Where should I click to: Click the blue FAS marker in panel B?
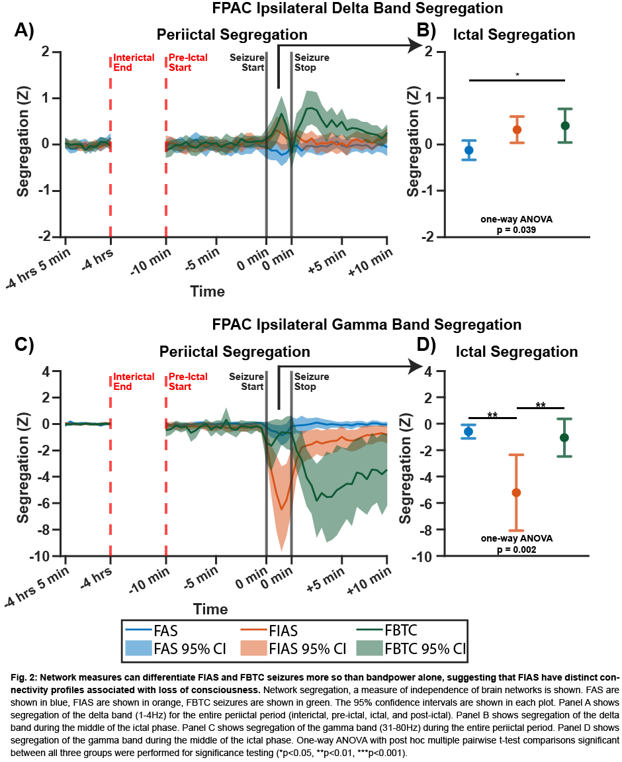(x=469, y=150)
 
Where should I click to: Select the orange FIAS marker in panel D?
(x=516, y=493)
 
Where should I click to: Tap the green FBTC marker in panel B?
(x=564, y=126)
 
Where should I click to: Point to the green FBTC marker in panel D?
(x=564, y=438)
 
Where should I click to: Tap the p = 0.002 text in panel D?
(x=517, y=549)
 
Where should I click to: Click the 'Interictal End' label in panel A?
(x=134, y=62)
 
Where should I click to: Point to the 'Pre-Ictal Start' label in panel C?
(x=188, y=381)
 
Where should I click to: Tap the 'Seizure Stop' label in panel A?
(x=311, y=62)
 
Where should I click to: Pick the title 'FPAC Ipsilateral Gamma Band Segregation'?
(x=367, y=325)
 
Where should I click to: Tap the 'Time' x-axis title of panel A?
(x=207, y=291)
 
